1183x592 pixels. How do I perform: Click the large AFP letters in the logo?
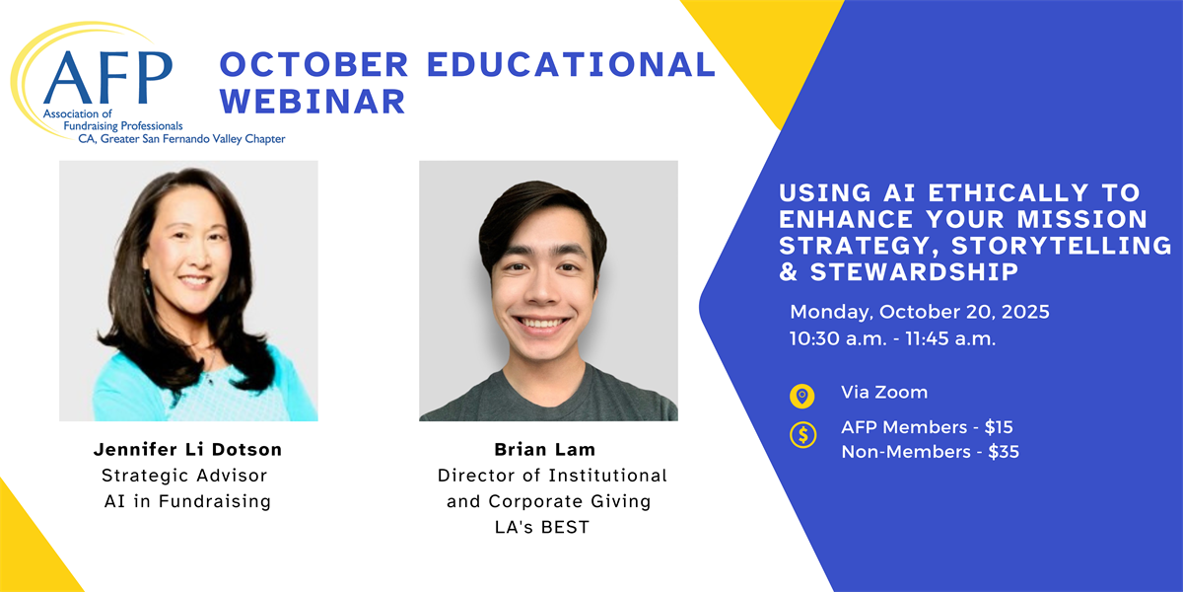[107, 77]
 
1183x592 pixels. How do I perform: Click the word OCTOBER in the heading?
[314, 64]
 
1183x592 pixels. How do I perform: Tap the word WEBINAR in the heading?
[313, 101]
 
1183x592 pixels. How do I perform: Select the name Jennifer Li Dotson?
[187, 449]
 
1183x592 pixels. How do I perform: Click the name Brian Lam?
[545, 449]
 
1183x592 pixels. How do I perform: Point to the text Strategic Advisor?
[184, 476]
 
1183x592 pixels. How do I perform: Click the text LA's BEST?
[542, 527]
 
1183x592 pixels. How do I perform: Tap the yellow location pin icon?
[802, 396]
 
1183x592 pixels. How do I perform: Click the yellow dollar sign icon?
[802, 435]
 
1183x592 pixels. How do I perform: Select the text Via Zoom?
[884, 393]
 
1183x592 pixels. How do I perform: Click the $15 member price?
[999, 427]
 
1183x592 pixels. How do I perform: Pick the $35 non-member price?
[1004, 452]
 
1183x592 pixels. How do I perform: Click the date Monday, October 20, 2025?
[920, 312]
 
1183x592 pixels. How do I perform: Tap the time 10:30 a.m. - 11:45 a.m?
[892, 338]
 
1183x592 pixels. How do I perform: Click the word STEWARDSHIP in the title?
[914, 271]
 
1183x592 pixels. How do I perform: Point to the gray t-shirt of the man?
[548, 398]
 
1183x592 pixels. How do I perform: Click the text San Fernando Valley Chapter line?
[181, 139]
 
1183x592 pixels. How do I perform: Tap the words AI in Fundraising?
[187, 501]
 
